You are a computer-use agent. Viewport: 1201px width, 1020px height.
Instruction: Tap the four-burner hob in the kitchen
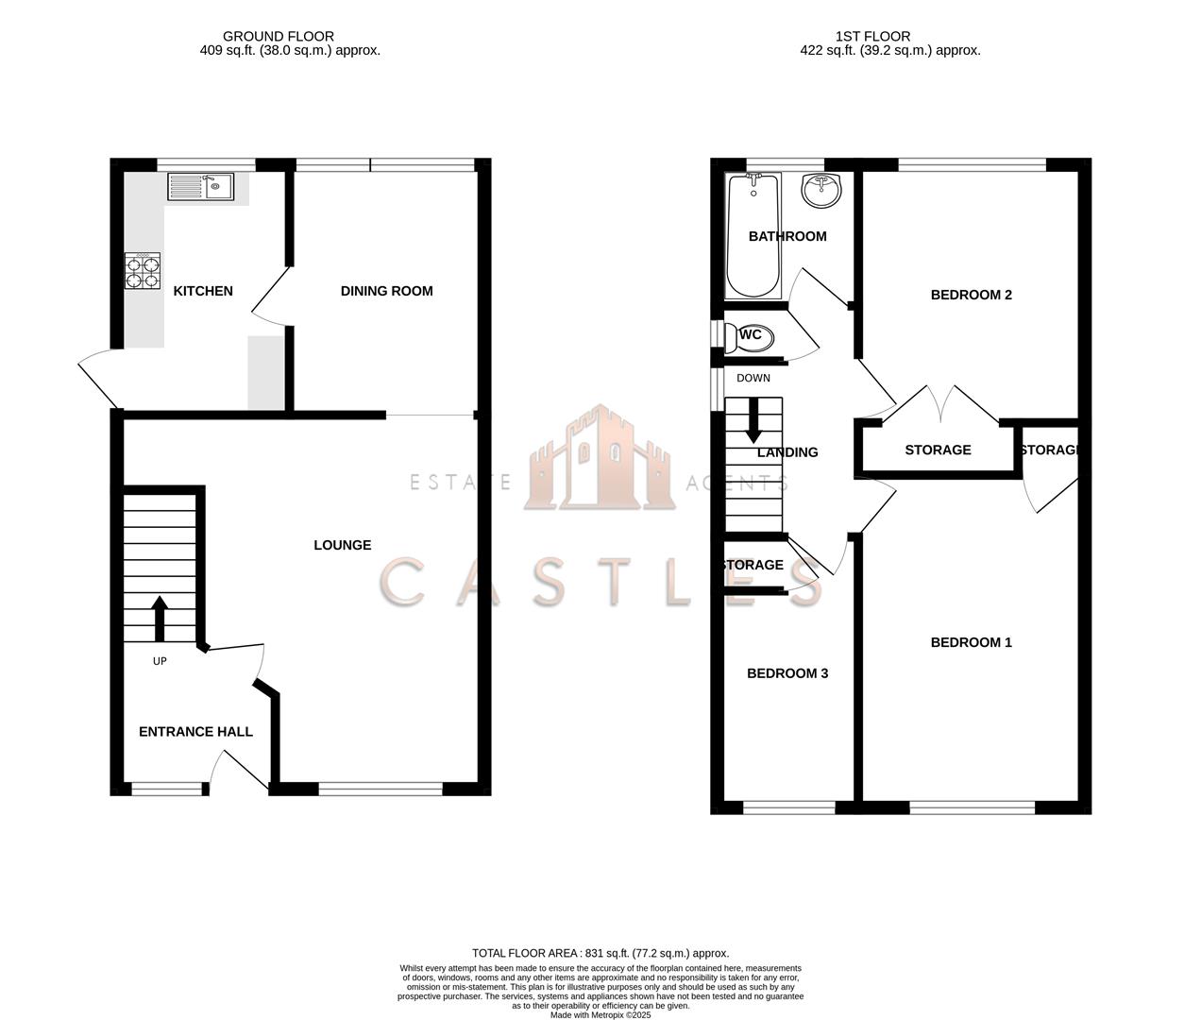click(x=143, y=271)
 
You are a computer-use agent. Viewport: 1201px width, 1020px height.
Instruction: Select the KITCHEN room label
click(x=203, y=291)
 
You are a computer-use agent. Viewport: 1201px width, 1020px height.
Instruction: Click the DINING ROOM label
click(x=386, y=291)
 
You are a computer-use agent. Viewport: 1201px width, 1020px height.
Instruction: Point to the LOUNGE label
click(x=342, y=545)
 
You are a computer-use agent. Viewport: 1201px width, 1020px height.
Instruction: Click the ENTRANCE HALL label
click(x=195, y=732)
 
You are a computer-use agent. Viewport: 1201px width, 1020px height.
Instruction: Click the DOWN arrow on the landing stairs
click(x=753, y=420)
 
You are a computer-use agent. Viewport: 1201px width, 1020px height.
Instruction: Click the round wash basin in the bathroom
click(x=820, y=191)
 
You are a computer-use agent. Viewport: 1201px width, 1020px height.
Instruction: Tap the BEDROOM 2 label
click(x=971, y=295)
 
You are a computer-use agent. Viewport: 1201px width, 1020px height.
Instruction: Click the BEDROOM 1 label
click(x=971, y=642)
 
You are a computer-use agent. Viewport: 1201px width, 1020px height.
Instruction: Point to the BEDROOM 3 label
click(x=787, y=673)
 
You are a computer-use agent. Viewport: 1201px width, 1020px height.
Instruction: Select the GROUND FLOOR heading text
click(x=290, y=36)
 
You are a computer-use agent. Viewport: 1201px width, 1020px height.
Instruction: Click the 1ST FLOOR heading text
click(x=872, y=36)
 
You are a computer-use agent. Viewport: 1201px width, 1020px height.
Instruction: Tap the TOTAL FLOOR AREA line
click(x=600, y=953)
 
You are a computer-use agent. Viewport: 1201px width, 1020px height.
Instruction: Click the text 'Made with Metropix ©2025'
click(x=600, y=1015)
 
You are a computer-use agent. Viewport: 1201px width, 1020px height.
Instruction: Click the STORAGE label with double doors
click(x=938, y=450)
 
